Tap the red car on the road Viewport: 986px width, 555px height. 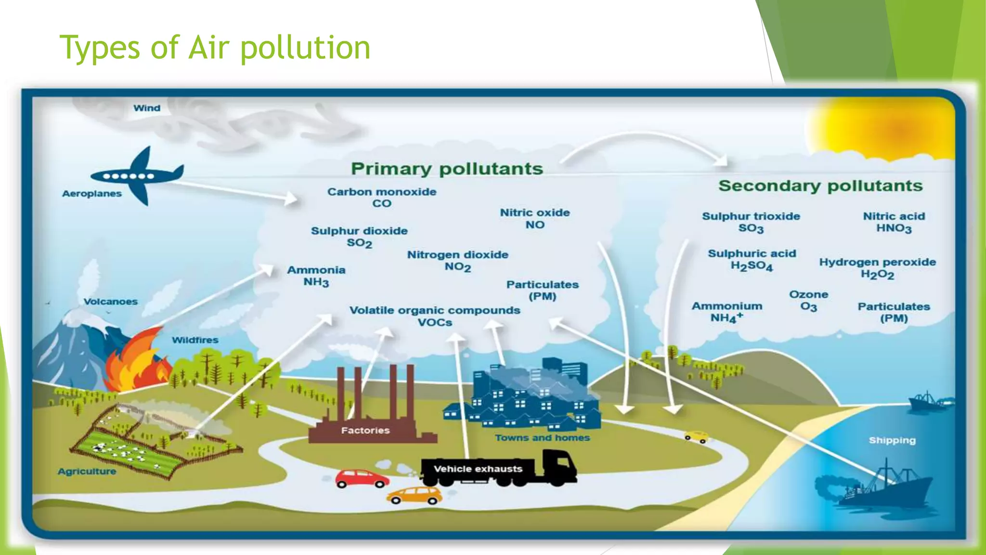pos(362,478)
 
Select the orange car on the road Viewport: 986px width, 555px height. pos(415,495)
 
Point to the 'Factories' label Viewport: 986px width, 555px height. pos(365,430)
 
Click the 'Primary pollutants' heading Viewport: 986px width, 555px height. pos(447,169)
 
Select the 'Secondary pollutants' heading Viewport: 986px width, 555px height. pos(820,185)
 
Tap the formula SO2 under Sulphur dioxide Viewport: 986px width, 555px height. pos(359,243)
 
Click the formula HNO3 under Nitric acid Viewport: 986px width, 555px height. pos(894,228)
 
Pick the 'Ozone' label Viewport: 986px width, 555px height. pos(808,294)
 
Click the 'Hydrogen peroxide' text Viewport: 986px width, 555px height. pos(877,262)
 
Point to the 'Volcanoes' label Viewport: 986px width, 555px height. pos(111,302)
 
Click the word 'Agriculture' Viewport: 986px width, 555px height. pos(87,471)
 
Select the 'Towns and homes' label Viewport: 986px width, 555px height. pos(542,437)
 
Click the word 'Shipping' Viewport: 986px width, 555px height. pos(892,440)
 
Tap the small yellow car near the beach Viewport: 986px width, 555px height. pos(696,436)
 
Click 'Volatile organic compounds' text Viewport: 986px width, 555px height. pos(435,310)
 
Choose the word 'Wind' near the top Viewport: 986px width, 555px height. pos(147,108)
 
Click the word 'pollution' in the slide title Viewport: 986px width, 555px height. pos(305,48)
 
